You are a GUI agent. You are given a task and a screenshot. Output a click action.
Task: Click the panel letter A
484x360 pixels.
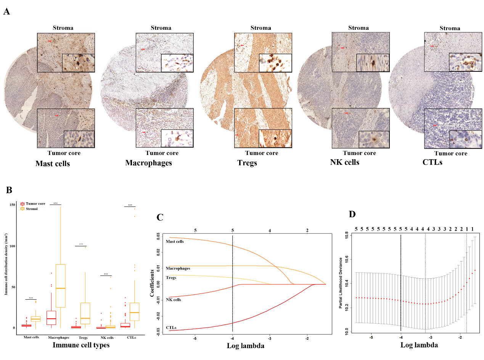click(x=6, y=11)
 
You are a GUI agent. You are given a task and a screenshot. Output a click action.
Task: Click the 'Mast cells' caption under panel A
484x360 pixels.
click(x=53, y=164)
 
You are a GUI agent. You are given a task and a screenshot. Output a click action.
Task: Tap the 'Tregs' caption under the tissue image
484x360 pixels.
click(x=247, y=163)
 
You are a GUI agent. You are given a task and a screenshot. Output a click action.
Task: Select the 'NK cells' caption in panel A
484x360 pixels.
click(x=344, y=162)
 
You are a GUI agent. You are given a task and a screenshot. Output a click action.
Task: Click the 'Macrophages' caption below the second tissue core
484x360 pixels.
click(x=149, y=163)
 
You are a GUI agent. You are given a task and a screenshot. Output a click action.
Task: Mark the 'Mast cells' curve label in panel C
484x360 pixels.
click(x=175, y=241)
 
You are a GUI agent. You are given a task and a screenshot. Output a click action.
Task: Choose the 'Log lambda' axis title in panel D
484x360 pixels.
click(x=419, y=345)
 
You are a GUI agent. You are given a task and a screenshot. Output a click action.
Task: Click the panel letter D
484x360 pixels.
click(x=352, y=214)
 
